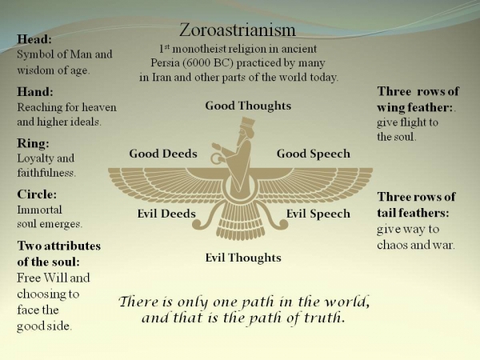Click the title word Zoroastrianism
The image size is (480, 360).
coord(238,30)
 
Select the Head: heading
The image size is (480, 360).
coord(34,39)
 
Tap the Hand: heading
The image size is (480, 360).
coord(35,91)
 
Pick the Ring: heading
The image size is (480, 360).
coord(33,143)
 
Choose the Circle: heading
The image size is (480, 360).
coord(37,194)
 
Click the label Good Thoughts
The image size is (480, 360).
coord(248,106)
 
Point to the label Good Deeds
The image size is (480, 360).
coord(163,154)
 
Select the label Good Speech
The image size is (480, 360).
coord(314,154)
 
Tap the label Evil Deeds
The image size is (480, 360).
coord(166,214)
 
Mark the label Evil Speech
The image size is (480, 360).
coord(318,214)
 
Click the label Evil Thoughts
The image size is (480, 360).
coord(243,258)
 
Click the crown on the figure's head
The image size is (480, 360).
coord(248,122)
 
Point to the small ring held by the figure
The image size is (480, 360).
coord(217,158)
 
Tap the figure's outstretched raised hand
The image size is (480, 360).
coord(216,146)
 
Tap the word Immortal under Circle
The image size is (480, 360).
coord(39,210)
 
